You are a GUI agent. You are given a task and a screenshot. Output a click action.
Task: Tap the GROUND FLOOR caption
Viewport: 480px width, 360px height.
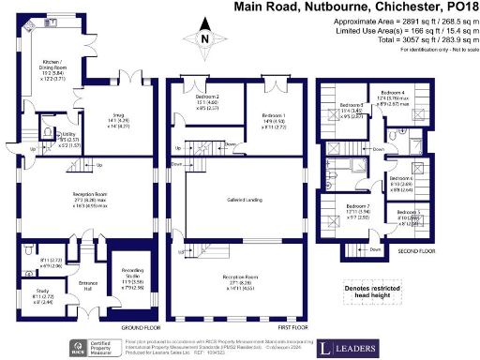click(x=137, y=327)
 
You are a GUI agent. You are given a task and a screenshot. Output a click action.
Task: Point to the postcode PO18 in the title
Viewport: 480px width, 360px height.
click(x=460, y=7)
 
